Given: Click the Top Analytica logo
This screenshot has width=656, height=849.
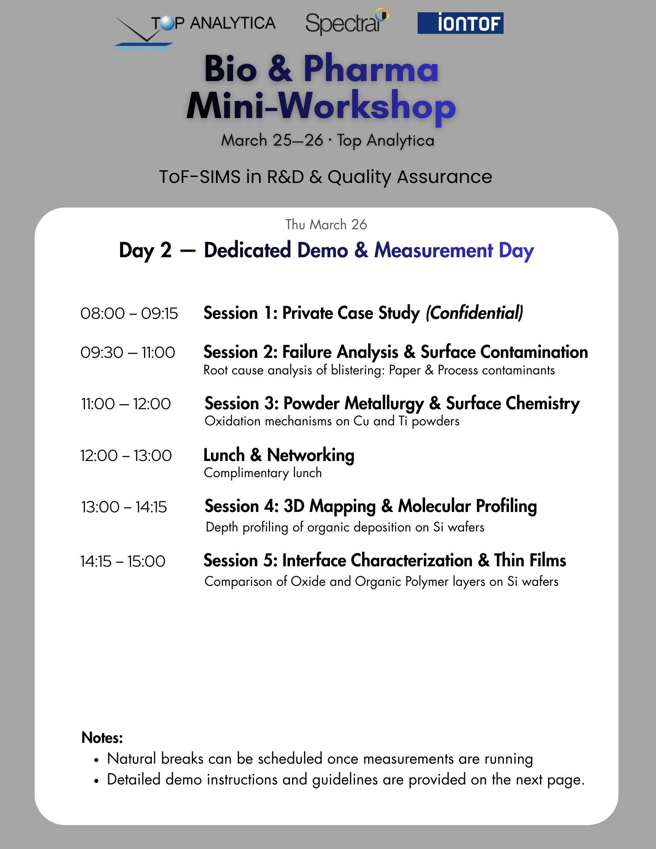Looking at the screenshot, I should [195, 30].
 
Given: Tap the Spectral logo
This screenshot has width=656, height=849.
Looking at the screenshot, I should [346, 22].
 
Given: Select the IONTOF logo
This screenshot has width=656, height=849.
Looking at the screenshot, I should [460, 23].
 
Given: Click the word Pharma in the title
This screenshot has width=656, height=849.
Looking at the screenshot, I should [370, 69].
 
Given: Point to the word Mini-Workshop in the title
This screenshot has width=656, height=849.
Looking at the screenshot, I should [321, 106].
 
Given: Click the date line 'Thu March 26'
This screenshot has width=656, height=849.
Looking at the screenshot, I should [326, 225].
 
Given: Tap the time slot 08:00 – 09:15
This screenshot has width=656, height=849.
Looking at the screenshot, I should [129, 314].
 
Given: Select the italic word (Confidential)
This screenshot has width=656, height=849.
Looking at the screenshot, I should [474, 313].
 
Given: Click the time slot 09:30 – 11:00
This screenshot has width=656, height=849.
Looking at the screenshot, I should [128, 353].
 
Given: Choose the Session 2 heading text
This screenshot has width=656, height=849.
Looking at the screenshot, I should [395, 352].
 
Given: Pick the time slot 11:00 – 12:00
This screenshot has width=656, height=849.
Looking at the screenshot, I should [126, 404].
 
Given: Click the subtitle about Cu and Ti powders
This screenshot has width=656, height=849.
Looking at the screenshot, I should [332, 421].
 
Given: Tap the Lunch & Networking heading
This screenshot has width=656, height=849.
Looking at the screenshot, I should [279, 455].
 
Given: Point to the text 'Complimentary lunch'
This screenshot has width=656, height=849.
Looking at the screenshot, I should [263, 473].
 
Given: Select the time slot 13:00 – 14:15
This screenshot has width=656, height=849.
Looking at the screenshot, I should [124, 507].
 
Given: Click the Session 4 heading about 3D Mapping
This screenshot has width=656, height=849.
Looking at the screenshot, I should [370, 506].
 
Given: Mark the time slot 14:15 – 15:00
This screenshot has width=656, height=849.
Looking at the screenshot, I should [123, 562].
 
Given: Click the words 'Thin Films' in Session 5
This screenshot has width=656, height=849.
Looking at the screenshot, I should [529, 560].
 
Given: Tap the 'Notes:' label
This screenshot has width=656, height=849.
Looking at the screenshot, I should [102, 738].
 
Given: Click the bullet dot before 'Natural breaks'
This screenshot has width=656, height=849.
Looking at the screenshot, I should [97, 760].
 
